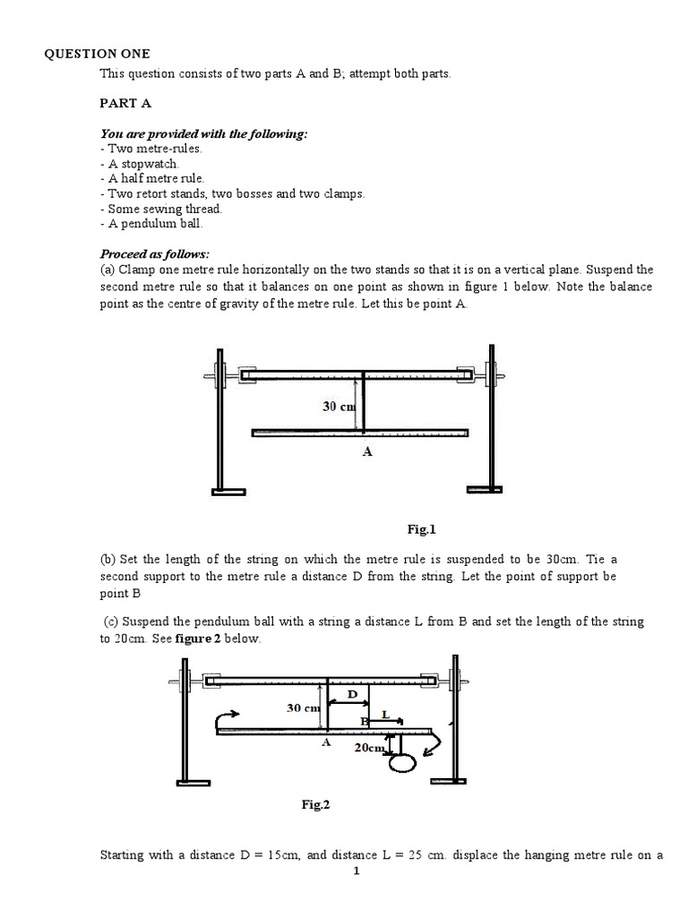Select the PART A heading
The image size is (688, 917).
[124, 104]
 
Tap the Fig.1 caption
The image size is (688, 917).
[421, 529]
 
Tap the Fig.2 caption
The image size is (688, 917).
[315, 805]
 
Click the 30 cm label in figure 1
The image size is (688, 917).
[340, 406]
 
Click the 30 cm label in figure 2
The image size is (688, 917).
[303, 707]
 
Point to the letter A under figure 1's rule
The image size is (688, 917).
[366, 452]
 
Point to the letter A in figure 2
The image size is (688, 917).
[325, 742]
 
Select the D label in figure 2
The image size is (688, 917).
[351, 694]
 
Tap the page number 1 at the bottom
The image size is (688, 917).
[356, 872]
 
